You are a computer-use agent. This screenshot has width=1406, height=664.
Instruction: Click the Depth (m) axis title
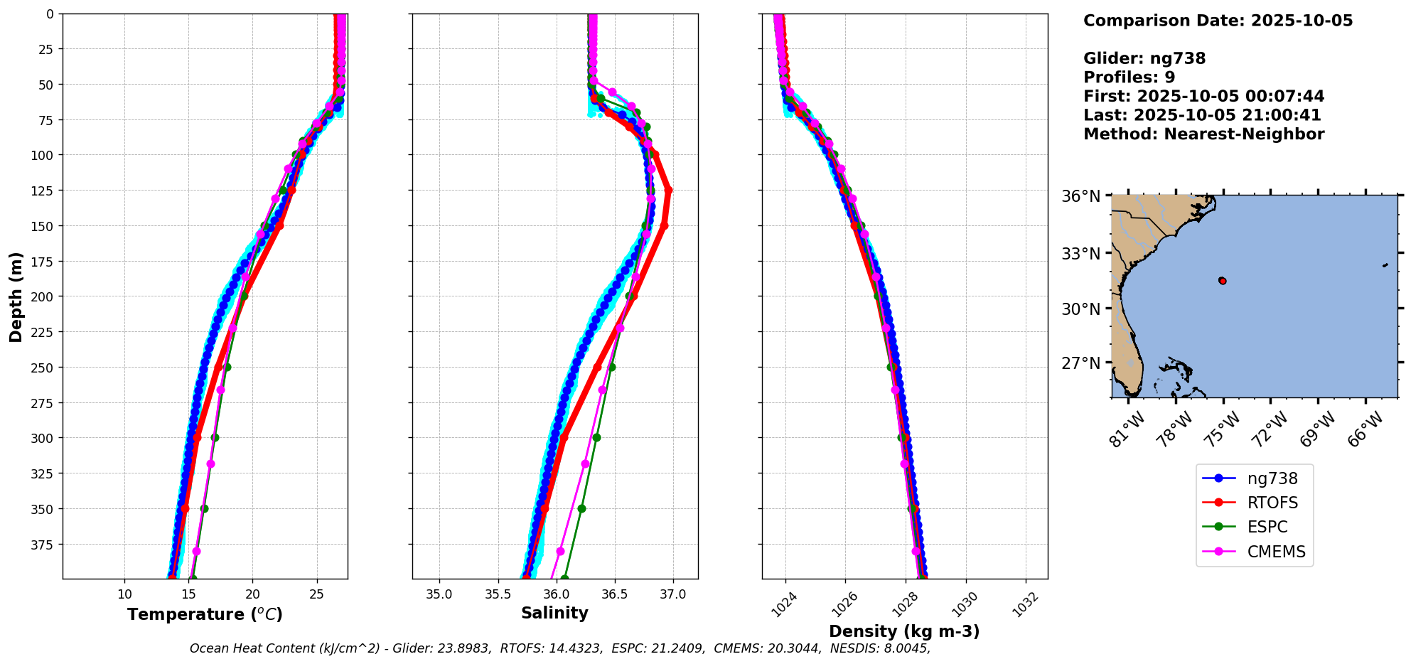16,296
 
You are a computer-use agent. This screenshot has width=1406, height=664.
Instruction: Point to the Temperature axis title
205,614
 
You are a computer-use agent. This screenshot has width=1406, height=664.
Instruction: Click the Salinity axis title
554,613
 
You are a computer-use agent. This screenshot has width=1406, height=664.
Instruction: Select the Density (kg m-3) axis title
904,631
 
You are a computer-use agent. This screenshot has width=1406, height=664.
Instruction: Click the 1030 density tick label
965,604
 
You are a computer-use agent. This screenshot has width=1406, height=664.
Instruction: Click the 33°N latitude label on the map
1080,254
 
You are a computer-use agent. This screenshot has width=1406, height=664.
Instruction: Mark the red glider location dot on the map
1223,281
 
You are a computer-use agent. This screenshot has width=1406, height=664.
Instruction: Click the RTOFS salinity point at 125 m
668,191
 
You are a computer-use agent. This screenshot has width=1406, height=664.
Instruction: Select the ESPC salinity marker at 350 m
581,508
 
